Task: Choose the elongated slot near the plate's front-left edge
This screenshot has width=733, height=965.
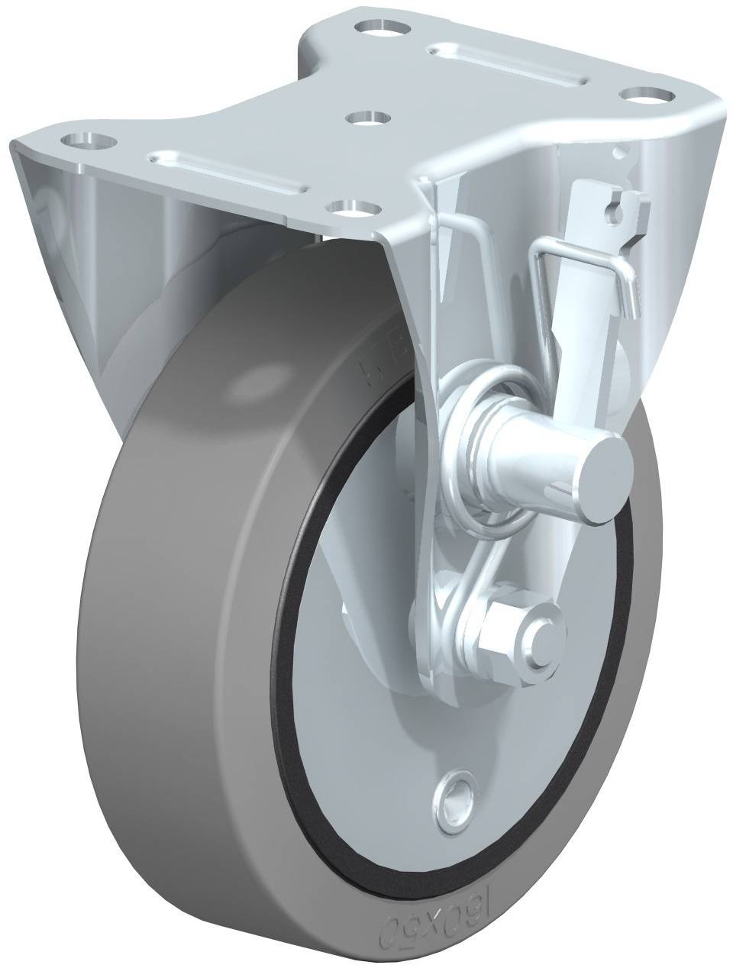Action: (x=229, y=167)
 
